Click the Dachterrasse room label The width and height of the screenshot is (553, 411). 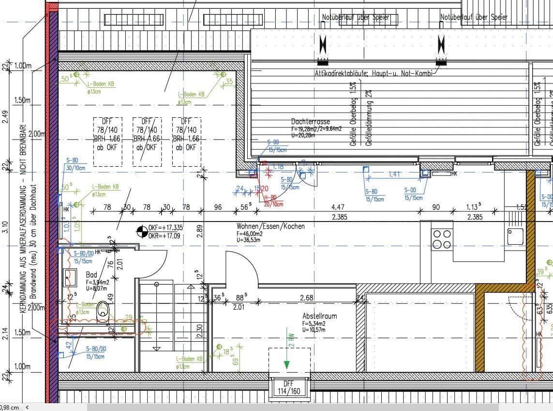310,122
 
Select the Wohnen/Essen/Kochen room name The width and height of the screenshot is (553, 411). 270,226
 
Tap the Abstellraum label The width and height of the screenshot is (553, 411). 319,316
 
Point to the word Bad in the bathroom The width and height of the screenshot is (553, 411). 91,275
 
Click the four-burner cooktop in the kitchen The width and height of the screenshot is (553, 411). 442,239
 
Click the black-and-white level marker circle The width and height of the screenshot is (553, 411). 142,232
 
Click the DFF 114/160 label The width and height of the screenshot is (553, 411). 289,388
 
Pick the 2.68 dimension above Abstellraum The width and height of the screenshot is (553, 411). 307,297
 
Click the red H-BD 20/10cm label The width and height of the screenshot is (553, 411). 273,201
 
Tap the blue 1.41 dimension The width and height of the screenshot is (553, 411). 395,174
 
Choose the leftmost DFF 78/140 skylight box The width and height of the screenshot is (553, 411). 107,142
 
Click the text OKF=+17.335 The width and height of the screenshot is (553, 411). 165,227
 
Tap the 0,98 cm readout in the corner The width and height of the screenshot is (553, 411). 10,408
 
